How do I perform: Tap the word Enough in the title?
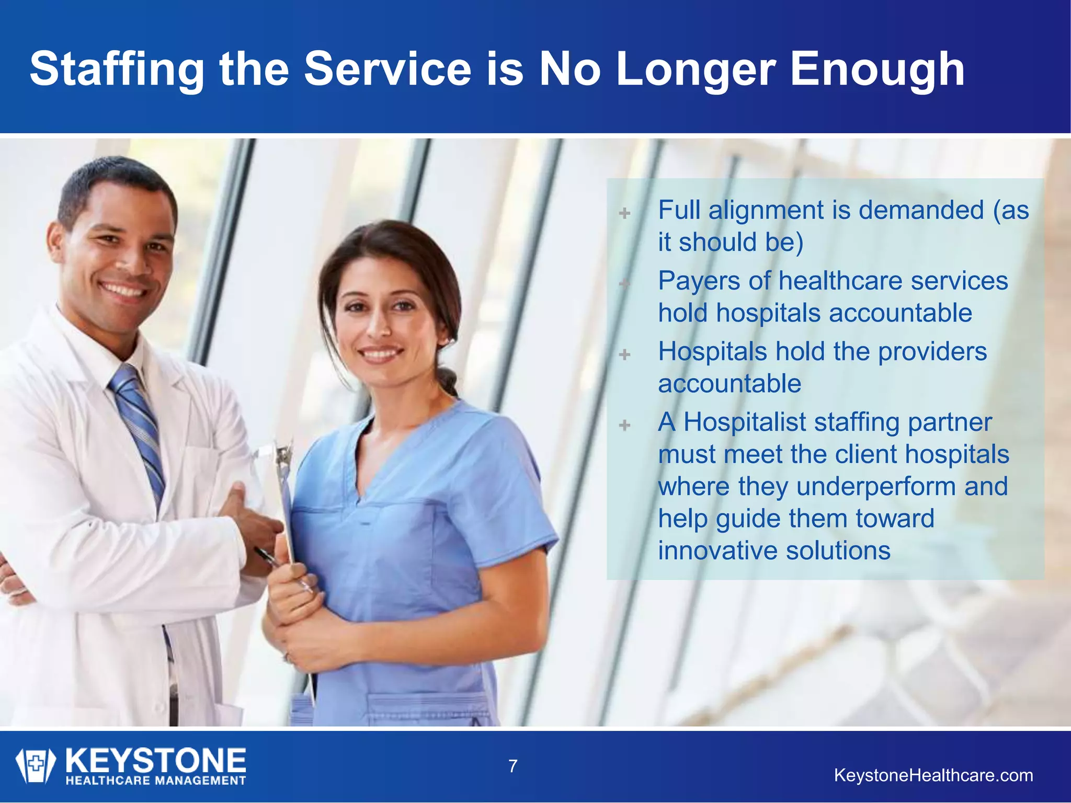(x=877, y=70)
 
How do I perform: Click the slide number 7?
(x=513, y=766)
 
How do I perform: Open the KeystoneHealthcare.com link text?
(x=933, y=775)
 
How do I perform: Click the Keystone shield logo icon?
(x=35, y=765)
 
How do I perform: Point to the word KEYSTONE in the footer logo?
(x=156, y=760)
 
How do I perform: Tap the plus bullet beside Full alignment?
(x=624, y=213)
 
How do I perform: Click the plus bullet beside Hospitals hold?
(x=624, y=354)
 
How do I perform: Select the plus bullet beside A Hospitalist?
(x=624, y=425)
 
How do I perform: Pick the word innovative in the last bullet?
(x=717, y=551)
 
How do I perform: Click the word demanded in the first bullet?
(x=921, y=211)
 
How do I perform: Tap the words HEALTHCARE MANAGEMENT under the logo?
(x=156, y=781)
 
